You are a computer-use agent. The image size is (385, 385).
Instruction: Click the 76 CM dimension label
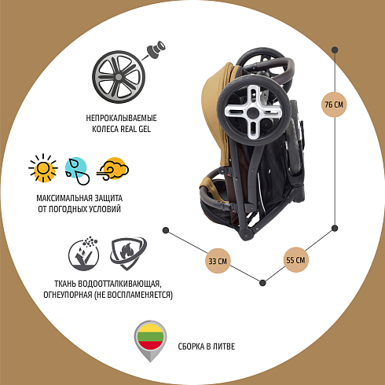tap(334, 104)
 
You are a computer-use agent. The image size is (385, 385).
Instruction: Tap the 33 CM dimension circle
tap(218, 261)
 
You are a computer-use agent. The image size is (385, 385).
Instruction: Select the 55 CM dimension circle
tap(295, 260)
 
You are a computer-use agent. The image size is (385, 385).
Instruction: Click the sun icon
tap(43, 168)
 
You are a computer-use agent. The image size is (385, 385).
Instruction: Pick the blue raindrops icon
tap(77, 170)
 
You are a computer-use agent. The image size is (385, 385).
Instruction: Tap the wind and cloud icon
tap(112, 169)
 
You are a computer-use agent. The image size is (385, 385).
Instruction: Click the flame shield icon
tap(128, 253)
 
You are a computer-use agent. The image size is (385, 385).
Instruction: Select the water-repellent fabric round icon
tap(84, 254)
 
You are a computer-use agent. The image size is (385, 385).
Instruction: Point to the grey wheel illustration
tap(119, 77)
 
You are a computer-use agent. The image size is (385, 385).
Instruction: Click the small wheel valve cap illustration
tap(156, 49)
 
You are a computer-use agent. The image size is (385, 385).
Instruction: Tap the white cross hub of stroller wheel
tap(253, 112)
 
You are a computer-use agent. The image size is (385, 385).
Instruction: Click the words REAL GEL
tap(136, 129)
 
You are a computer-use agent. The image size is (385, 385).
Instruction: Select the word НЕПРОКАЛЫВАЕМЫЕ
tap(121, 118)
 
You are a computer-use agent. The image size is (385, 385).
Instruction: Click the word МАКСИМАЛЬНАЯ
tap(64, 198)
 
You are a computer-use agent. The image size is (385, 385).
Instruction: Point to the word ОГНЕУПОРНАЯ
tap(68, 295)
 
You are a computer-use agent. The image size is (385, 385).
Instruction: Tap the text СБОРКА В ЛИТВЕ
tap(207, 346)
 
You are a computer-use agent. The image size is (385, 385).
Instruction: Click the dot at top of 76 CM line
tap(335, 49)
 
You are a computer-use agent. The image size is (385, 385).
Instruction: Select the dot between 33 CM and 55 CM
tap(262, 283)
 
